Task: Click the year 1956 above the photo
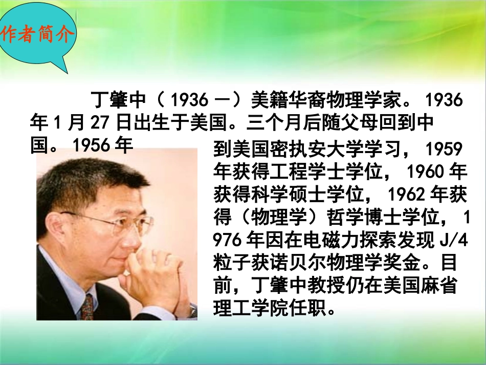[92, 146]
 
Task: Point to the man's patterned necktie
[87, 307]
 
